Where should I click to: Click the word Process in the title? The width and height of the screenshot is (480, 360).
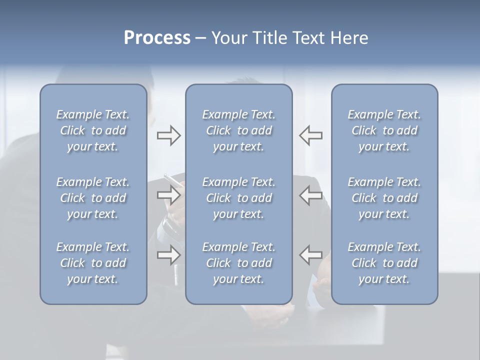(x=157, y=38)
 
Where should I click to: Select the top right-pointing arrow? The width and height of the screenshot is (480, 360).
(x=168, y=135)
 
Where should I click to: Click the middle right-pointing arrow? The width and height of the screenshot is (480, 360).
(x=168, y=195)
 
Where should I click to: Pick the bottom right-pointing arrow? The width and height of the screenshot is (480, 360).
(x=168, y=255)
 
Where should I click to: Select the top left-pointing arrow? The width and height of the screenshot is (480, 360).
(x=311, y=135)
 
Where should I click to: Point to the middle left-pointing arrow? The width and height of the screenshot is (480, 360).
(x=311, y=195)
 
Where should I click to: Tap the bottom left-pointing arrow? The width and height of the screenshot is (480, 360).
(x=311, y=255)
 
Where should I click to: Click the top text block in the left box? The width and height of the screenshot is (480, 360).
(x=93, y=130)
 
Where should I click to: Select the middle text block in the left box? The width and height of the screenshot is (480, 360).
(x=93, y=198)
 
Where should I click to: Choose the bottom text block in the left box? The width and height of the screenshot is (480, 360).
(x=93, y=263)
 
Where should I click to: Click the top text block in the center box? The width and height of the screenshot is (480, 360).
(x=238, y=130)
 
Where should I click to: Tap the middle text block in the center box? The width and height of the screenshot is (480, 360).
(x=238, y=198)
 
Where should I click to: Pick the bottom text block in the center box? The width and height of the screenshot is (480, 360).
(x=238, y=263)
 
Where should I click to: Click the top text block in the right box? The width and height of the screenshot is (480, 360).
(x=384, y=130)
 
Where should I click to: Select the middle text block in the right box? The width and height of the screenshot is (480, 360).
(x=384, y=198)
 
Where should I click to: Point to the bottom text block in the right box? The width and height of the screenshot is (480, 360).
(x=384, y=263)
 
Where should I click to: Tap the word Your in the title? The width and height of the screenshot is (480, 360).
(x=229, y=38)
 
